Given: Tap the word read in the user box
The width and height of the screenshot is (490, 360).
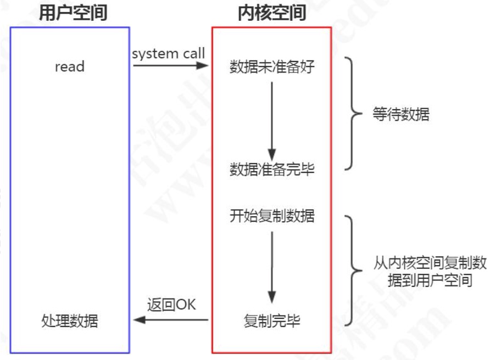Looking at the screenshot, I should (70, 67).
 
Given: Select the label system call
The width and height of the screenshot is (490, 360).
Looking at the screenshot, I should (168, 53).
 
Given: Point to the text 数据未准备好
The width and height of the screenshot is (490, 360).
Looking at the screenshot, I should (272, 67).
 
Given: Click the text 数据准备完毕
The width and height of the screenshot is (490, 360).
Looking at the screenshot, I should (272, 170).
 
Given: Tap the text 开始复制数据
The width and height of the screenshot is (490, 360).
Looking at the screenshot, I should (272, 216).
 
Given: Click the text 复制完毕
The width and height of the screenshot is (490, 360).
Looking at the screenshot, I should (272, 320).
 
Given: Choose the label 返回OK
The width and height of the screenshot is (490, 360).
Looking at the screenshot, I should (171, 305).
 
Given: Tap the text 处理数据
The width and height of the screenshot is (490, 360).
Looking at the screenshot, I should (70, 320).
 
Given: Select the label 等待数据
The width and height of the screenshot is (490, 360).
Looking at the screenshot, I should (401, 115).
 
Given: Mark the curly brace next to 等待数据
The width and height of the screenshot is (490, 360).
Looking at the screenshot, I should (350, 114).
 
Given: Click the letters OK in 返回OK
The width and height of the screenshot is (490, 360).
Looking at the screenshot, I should (186, 305).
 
